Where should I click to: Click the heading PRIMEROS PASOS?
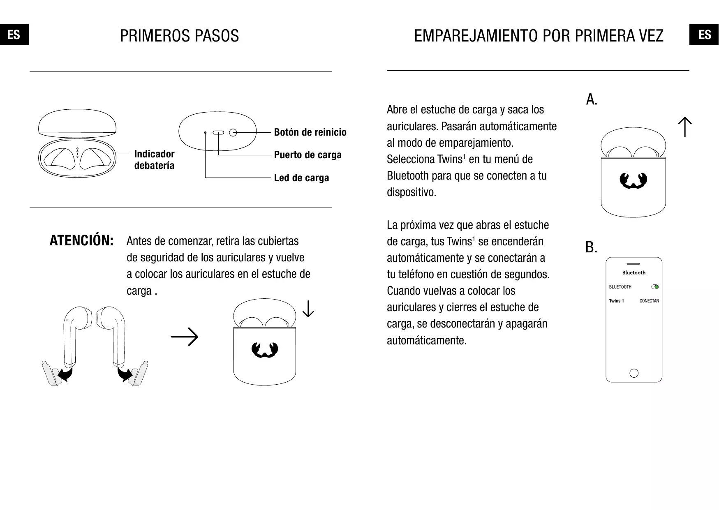click(x=179, y=36)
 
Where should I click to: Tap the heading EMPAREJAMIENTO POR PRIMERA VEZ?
click(x=539, y=36)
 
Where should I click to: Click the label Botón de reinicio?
click(x=310, y=132)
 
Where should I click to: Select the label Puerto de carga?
click(x=307, y=155)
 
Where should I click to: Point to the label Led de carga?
click(x=301, y=178)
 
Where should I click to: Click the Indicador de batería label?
click(x=154, y=159)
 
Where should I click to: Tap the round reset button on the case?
click(x=233, y=132)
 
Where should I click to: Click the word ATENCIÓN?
click(x=81, y=241)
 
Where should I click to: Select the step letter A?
click(x=592, y=99)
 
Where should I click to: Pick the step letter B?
click(x=591, y=247)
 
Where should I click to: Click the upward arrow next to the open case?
click(x=685, y=127)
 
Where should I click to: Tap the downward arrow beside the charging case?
click(x=308, y=309)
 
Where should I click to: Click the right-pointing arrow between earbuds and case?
click(x=185, y=337)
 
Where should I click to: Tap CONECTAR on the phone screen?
click(x=649, y=301)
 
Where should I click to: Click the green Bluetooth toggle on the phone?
click(x=655, y=287)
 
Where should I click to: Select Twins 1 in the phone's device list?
click(x=616, y=301)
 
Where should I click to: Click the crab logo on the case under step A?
click(x=633, y=181)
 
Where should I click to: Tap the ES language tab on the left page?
click(x=14, y=35)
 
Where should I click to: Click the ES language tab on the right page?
click(x=705, y=35)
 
